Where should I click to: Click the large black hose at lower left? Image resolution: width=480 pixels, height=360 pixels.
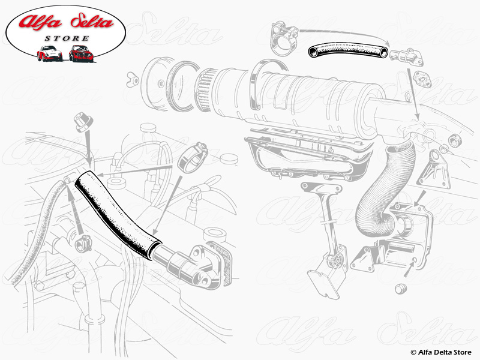click(116, 212)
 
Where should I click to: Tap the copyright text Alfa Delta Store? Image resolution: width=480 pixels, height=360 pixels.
click(443, 352)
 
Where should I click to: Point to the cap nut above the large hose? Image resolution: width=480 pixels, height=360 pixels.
click(82, 123)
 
